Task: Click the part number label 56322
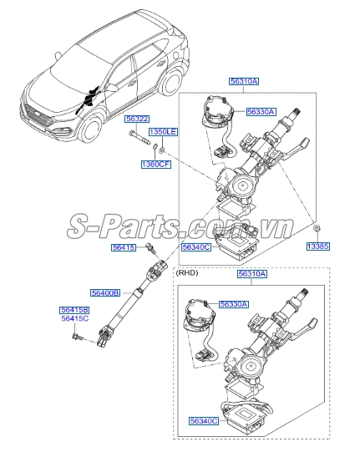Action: click(137, 119)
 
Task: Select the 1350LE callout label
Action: click(163, 132)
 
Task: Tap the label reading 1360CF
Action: click(155, 165)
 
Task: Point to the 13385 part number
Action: click(318, 246)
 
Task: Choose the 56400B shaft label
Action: click(105, 293)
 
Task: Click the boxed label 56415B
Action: click(74, 310)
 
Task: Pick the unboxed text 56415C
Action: click(75, 318)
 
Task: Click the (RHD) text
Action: click(187, 272)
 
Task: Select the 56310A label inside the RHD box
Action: click(252, 274)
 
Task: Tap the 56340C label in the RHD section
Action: click(204, 421)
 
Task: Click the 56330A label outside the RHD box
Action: click(261, 112)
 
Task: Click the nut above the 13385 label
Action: click(317, 229)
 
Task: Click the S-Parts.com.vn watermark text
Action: click(180, 226)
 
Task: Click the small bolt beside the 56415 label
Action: click(151, 248)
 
